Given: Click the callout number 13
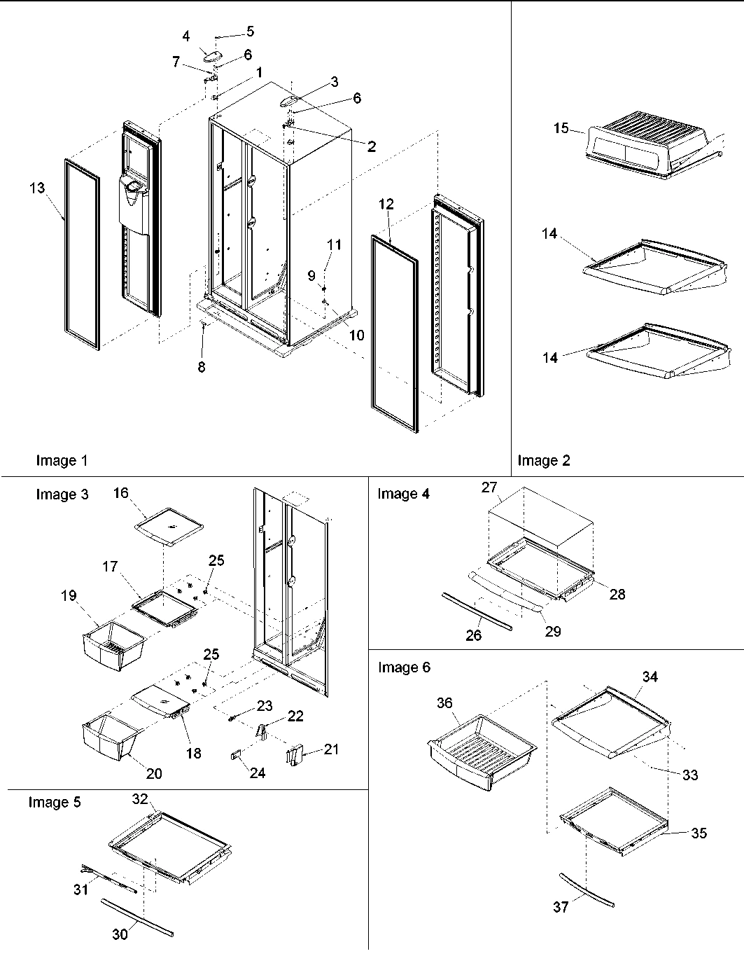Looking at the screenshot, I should click(36, 188).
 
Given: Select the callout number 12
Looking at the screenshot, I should click(386, 205).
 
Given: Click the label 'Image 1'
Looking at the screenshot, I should click(62, 460).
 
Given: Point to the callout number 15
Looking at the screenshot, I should click(560, 128).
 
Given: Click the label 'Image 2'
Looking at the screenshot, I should click(544, 460).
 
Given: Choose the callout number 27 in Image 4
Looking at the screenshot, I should click(488, 487).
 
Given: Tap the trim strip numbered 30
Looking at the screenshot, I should click(136, 918).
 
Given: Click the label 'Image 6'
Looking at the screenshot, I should click(404, 667).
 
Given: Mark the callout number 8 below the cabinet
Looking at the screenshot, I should click(201, 367).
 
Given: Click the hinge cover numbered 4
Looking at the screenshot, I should click(210, 56).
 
